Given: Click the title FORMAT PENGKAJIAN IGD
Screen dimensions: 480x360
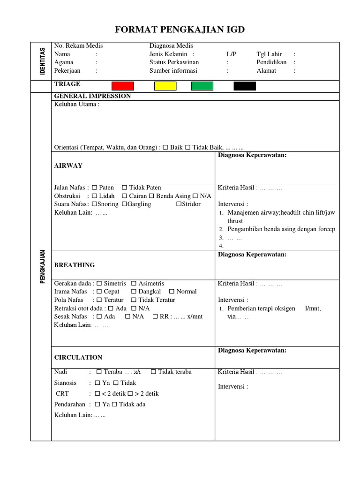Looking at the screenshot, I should [x=180, y=30].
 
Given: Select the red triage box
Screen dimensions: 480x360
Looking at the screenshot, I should [x=123, y=86].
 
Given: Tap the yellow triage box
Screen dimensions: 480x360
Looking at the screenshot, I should [x=165, y=86].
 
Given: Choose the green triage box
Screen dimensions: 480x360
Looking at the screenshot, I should [x=202, y=86].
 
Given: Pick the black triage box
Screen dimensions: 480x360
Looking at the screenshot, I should [x=245, y=86].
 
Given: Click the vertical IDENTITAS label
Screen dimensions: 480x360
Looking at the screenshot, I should [x=42, y=61].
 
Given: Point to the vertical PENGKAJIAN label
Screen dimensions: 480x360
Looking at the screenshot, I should [x=42, y=266].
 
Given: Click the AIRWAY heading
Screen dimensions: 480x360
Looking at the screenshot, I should [x=68, y=165].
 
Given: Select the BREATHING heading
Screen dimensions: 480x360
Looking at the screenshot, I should [x=75, y=265].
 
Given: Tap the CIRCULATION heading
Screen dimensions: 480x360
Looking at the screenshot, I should [x=78, y=357].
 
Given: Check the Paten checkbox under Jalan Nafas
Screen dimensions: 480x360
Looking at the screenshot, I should [x=95, y=188].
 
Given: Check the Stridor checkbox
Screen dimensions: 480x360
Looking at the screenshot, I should [x=179, y=204].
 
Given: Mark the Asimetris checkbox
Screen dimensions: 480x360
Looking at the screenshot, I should [x=134, y=284].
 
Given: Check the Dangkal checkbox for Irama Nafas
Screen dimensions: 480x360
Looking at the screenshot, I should [x=134, y=292].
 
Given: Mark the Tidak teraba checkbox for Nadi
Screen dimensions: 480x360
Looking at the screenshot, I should [x=154, y=372].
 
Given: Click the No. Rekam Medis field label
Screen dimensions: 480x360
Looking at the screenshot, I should [x=78, y=46].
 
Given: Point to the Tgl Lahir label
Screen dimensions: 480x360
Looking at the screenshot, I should [x=270, y=54].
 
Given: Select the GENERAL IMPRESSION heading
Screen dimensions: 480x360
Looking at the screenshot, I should [x=92, y=96].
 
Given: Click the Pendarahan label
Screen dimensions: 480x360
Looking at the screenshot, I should [x=70, y=404].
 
